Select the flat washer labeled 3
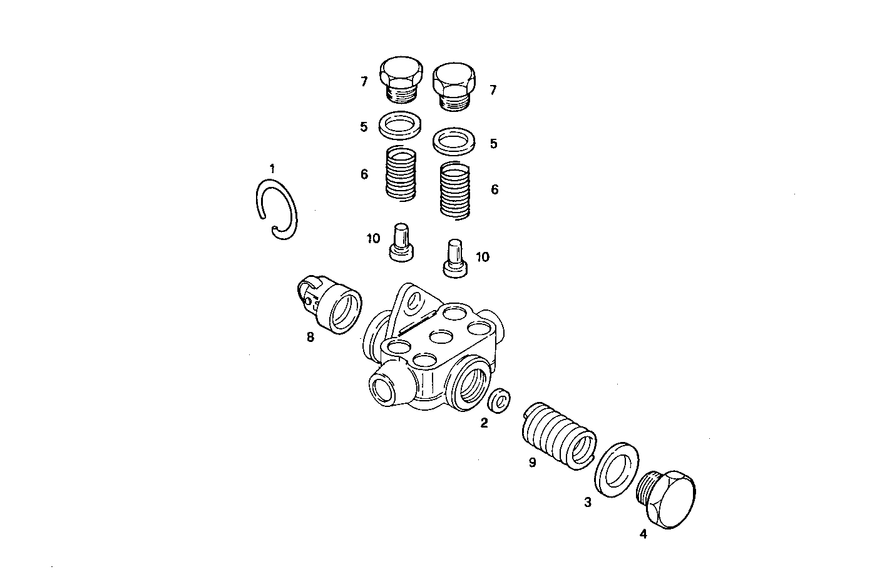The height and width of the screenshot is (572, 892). [x=615, y=469]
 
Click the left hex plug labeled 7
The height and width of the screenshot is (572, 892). [x=401, y=81]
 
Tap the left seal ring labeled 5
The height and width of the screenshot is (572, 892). [x=400, y=123]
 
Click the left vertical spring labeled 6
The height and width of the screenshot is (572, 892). [x=401, y=174]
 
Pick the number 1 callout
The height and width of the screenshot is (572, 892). [x=272, y=168]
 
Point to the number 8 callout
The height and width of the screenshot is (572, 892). [x=310, y=338]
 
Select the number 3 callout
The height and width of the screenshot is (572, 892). [x=587, y=502]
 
